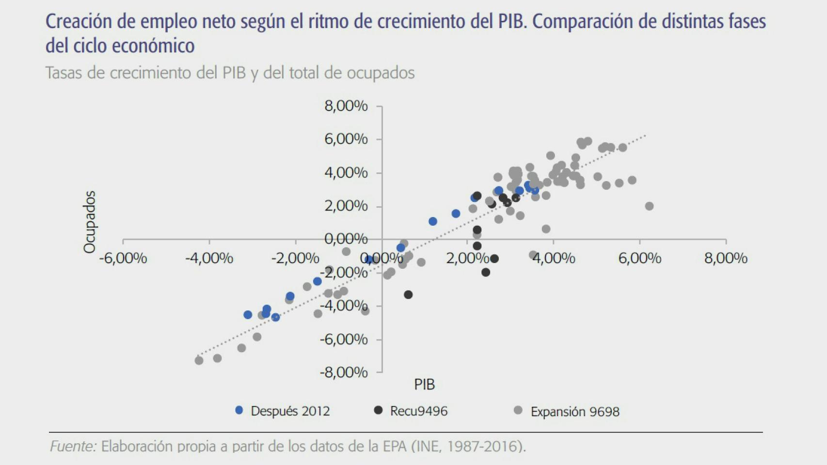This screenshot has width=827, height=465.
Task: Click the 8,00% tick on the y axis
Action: click(x=346, y=106)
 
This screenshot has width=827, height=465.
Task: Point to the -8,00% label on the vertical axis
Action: click(x=344, y=372)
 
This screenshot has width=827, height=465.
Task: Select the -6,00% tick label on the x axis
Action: click(x=123, y=258)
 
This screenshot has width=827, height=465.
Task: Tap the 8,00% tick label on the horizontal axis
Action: click(x=726, y=258)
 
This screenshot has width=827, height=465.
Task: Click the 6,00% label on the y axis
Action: click(x=346, y=139)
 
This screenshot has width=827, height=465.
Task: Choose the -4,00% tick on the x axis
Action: click(x=209, y=258)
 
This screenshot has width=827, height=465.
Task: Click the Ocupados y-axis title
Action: click(x=90, y=222)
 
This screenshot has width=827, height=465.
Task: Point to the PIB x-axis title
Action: click(x=424, y=385)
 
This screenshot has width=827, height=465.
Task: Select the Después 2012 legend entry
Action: click(x=290, y=411)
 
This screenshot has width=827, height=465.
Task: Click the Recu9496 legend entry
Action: click(x=419, y=411)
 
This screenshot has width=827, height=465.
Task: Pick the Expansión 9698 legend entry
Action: click(x=575, y=412)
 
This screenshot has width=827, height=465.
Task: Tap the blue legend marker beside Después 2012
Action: click(x=239, y=410)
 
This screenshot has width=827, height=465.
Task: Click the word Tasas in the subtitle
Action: click(x=66, y=73)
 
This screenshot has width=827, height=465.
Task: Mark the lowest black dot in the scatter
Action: click(x=408, y=294)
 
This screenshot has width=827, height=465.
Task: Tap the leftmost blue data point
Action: click(x=248, y=315)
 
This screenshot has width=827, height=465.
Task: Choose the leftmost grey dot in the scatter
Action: click(x=199, y=360)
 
